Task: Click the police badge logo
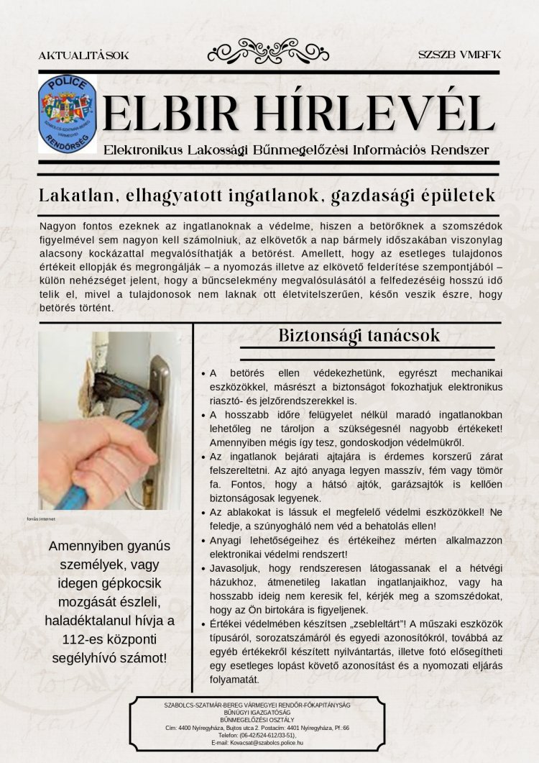click(x=67, y=112)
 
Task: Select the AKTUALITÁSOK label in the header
click(x=83, y=55)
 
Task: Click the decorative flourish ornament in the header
click(x=269, y=51)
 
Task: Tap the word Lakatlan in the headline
click(x=75, y=195)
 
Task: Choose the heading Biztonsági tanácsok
click(x=359, y=336)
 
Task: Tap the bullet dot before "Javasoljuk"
click(x=204, y=568)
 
